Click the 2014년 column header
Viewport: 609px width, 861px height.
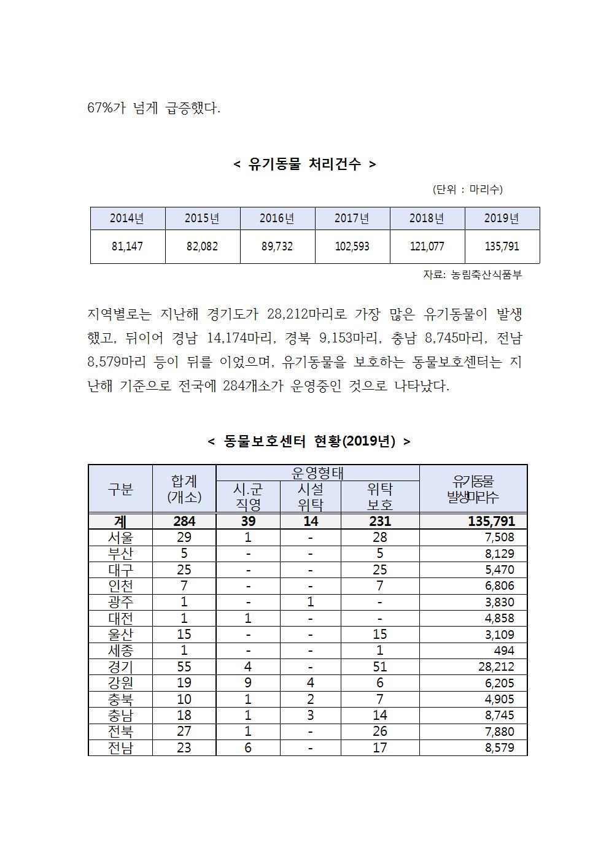tap(127, 218)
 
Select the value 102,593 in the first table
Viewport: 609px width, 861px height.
tap(352, 247)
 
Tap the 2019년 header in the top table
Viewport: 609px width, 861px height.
tap(502, 218)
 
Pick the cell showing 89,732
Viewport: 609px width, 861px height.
tap(277, 247)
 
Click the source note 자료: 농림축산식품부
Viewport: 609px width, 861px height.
tap(472, 275)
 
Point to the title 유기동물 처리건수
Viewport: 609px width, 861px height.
tap(304, 164)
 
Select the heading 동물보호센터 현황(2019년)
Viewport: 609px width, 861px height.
tap(309, 441)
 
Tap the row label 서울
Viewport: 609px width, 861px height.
tap(120, 538)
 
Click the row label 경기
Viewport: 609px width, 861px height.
tap(120, 667)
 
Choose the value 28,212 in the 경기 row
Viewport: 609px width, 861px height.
tap(496, 667)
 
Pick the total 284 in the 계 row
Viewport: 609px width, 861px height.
tap(184, 521)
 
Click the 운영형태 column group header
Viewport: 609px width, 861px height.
tap(317, 473)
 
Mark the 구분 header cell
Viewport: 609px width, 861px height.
tap(120, 489)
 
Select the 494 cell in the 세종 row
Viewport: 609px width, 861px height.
tap(503, 651)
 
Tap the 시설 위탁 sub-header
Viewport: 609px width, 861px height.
tap(311, 496)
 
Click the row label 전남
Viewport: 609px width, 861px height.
tap(120, 748)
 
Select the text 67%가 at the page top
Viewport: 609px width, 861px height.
tap(107, 109)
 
